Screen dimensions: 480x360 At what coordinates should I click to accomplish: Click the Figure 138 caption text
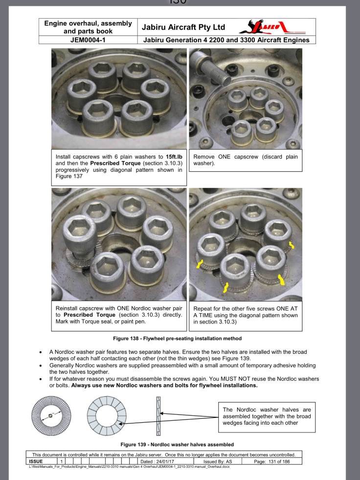pyautogui.click(x=180, y=338)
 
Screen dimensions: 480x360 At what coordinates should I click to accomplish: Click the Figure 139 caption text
pyautogui.click(x=180, y=444)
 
